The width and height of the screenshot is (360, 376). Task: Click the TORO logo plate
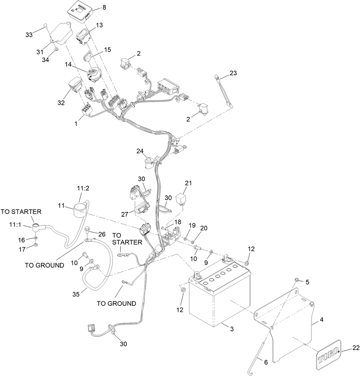point(328,355)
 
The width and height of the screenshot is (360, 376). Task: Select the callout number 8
point(104,8)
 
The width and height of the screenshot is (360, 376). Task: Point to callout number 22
point(356,348)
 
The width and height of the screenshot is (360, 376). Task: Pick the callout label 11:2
point(83,188)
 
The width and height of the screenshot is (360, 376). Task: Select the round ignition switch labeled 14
point(94,75)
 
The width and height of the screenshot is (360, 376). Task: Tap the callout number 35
point(76,294)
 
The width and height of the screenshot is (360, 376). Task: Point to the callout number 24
point(140,151)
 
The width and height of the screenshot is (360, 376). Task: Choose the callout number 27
point(125,214)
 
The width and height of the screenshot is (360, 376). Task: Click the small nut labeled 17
point(35,245)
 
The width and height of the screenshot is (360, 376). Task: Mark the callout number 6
point(265,362)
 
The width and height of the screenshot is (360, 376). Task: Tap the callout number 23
point(233,73)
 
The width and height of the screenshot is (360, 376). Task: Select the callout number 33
point(29,35)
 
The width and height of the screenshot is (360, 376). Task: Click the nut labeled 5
point(297,280)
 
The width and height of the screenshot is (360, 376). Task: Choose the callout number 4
point(322,320)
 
